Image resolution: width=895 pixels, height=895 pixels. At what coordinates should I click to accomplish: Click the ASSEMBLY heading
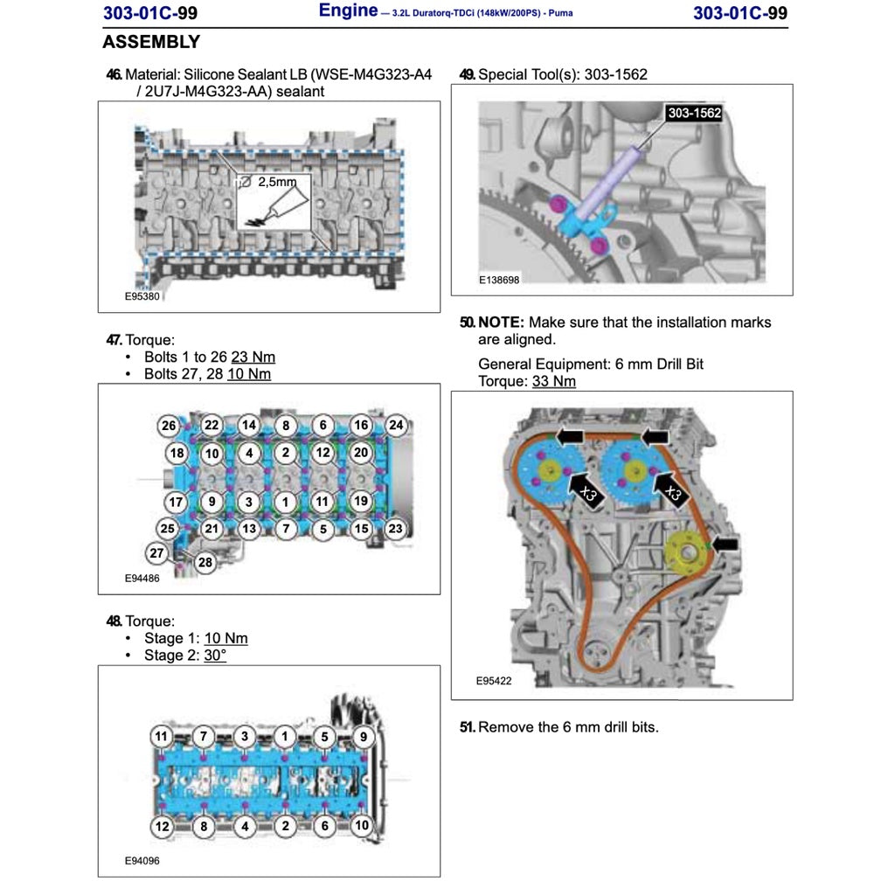[151, 42]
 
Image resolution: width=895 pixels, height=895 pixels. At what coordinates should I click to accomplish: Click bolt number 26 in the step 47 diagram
[169, 426]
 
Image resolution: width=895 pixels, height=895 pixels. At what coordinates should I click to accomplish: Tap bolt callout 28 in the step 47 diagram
[205, 562]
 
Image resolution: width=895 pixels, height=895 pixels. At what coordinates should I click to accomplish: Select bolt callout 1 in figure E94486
[286, 503]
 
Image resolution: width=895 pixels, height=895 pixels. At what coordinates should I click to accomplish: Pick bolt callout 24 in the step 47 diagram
[396, 425]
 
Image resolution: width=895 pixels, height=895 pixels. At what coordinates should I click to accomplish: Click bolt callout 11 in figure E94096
[162, 736]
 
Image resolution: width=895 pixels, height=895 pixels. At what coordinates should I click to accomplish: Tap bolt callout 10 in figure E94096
[362, 825]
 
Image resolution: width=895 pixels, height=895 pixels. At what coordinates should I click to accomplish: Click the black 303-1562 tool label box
[694, 113]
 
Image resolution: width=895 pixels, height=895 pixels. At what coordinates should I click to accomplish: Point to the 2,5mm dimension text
[277, 182]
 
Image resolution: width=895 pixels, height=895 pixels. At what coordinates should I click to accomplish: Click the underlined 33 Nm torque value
[553, 381]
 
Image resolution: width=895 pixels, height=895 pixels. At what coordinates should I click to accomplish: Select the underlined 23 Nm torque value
[253, 357]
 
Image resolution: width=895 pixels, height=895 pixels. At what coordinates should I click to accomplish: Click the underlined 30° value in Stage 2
[215, 655]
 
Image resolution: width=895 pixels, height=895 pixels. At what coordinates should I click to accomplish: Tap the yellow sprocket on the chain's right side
[687, 552]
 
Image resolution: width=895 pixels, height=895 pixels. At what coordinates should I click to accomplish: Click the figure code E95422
[494, 680]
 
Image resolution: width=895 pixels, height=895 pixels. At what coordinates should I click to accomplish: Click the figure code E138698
[499, 280]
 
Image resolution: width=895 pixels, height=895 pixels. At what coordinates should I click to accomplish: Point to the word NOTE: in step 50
[501, 322]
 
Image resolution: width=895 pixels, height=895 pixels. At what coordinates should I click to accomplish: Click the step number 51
[468, 726]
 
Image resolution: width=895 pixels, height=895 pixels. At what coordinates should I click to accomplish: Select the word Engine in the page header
[348, 10]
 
